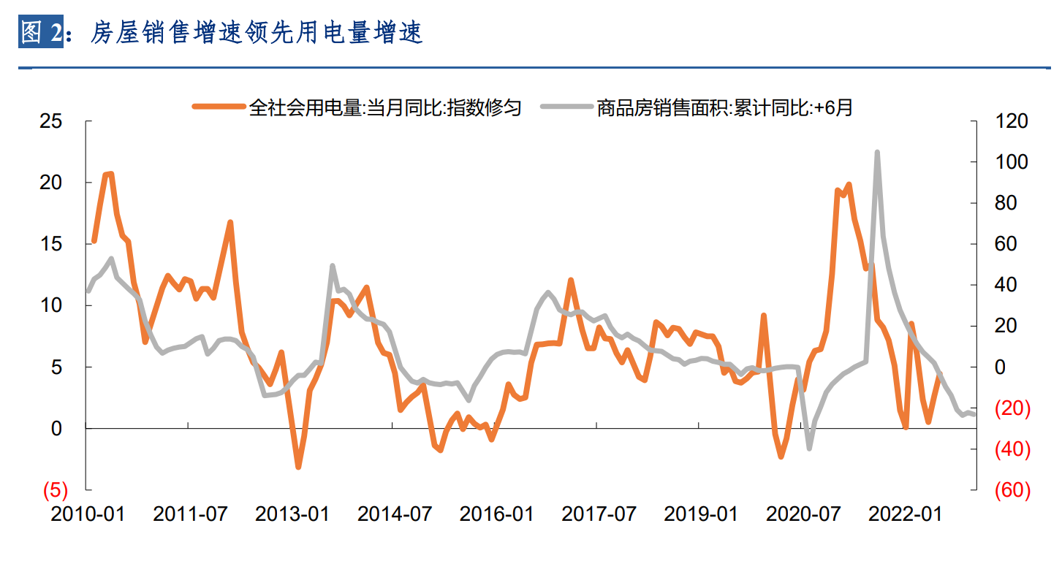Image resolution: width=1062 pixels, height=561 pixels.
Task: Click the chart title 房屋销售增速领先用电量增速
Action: (x=257, y=33)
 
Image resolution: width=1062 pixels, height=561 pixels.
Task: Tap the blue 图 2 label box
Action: (x=40, y=33)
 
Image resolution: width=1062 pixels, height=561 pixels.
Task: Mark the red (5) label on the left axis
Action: (x=55, y=489)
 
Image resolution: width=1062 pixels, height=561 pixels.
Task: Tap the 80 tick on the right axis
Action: (x=1006, y=203)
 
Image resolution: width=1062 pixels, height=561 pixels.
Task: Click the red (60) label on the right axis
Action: (x=1012, y=490)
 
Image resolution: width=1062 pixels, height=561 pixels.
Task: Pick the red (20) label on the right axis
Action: (x=1012, y=408)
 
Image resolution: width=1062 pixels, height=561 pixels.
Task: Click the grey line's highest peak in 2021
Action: (x=876, y=152)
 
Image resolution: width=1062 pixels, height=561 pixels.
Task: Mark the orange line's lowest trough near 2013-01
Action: (x=298, y=467)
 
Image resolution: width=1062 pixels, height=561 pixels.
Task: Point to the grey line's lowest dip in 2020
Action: (x=809, y=448)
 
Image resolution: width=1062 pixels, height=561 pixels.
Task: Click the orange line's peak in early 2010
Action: (x=110, y=173)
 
